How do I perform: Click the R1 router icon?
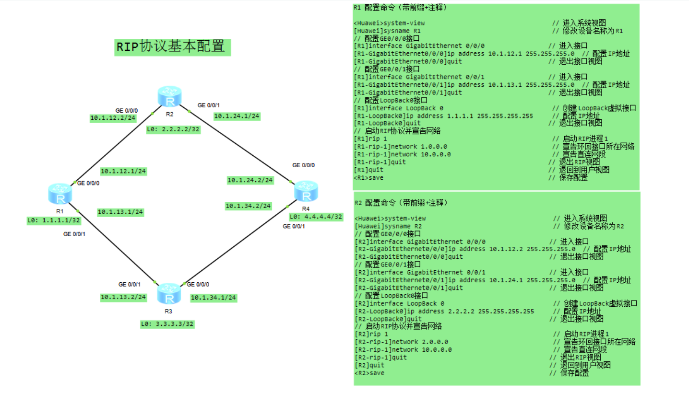[x=60, y=193]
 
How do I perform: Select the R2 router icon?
[x=169, y=96]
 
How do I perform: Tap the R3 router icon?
[x=169, y=293]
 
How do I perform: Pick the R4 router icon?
[x=306, y=191]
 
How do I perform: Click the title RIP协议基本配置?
[x=172, y=47]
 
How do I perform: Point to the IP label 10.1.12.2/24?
[x=113, y=118]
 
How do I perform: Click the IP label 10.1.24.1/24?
[x=237, y=116]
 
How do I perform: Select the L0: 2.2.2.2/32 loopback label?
[x=173, y=129]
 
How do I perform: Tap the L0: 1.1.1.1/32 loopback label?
[x=54, y=220]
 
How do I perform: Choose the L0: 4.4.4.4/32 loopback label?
[x=316, y=217]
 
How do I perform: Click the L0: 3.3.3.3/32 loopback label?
[x=167, y=324]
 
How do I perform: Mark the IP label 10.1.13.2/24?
[x=123, y=297]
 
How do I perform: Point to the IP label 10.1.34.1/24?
[x=214, y=298]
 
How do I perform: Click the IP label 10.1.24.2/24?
[x=250, y=180]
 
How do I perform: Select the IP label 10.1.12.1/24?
[x=123, y=171]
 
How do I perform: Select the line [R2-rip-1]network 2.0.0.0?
[x=402, y=342]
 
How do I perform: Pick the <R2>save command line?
[x=370, y=373]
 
